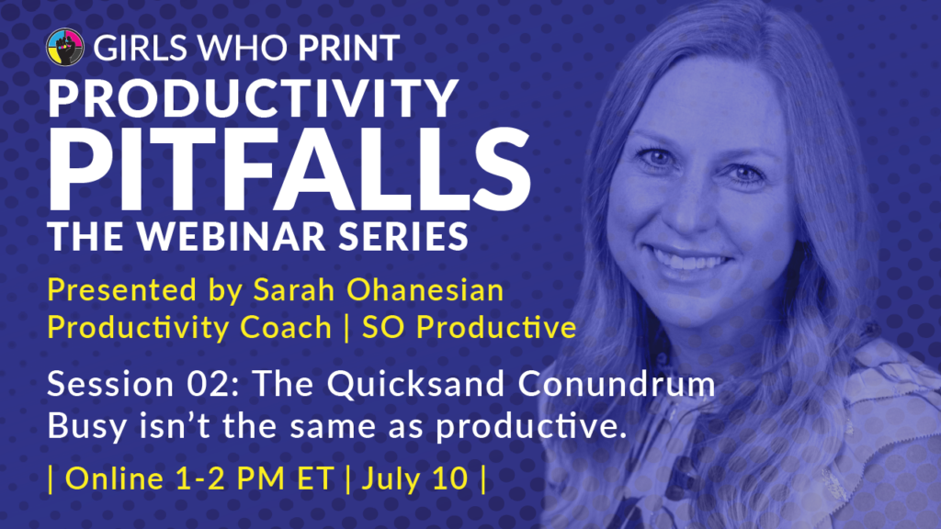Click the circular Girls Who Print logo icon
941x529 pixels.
point(65,47)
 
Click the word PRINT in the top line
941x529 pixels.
point(349,48)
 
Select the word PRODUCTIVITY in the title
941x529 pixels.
point(254,98)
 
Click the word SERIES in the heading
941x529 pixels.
point(402,236)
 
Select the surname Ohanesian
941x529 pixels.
point(425,289)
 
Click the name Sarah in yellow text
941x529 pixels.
point(293,289)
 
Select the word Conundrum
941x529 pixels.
point(617,384)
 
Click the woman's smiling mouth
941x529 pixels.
point(693,261)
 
